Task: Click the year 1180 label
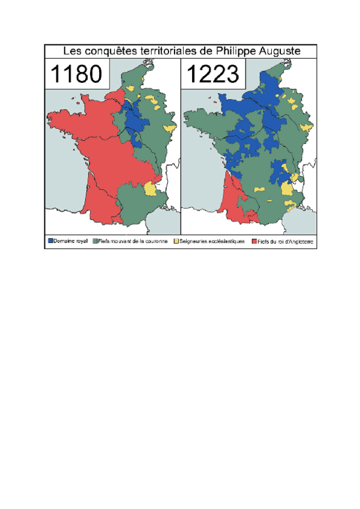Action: [x=76, y=74]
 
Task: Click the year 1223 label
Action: [x=213, y=74]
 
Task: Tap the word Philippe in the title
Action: [x=238, y=52]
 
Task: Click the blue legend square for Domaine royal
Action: [x=50, y=241]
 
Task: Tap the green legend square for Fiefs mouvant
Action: [x=94, y=241]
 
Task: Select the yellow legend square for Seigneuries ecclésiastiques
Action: [x=176, y=241]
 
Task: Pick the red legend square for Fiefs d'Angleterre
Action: [x=254, y=241]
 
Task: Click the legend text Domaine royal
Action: [x=70, y=241]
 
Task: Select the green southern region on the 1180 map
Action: [x=135, y=204]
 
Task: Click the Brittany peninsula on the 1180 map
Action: [x=60, y=120]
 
